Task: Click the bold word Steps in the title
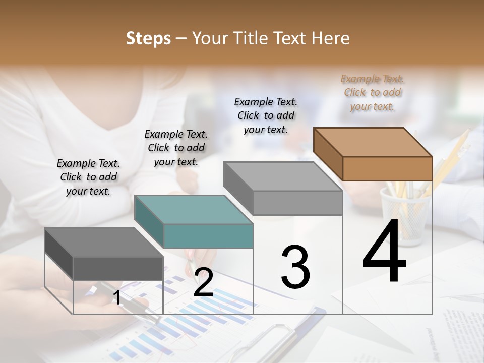148,38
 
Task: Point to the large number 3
295,267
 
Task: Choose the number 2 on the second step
203,282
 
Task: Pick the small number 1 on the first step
117,298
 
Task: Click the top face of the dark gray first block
104,243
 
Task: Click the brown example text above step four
372,93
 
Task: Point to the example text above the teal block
176,148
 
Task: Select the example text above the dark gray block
88,177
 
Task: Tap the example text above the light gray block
266,115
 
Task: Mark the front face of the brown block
387,168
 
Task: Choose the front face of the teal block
208,236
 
